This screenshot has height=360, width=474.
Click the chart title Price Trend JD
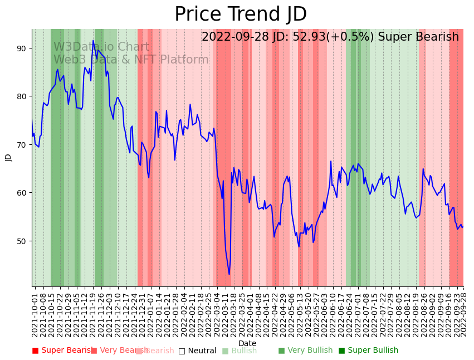pos(241,14)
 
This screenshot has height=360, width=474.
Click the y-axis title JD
pos(8,158)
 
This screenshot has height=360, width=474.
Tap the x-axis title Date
pos(247,343)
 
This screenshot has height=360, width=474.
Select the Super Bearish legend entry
pos(62,351)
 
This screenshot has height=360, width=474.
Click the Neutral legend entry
pos(197,351)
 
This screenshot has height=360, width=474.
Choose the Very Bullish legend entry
pos(305,351)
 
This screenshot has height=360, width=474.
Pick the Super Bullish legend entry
pos(368,351)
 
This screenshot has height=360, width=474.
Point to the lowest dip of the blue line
pos(229,274)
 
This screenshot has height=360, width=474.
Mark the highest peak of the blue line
pos(94,41)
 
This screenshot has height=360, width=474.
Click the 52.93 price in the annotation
pos(309,37)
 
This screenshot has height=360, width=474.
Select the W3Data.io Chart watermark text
pos(101,47)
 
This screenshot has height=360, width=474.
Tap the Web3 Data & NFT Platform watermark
pos(131,60)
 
